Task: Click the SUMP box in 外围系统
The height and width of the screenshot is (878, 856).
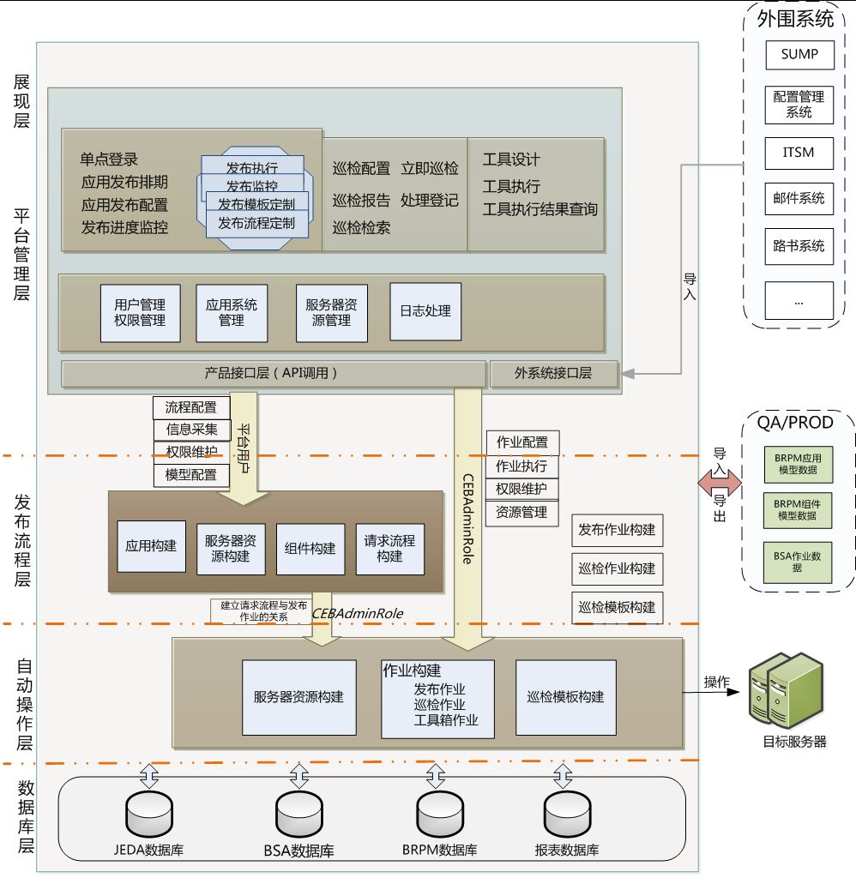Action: tap(799, 54)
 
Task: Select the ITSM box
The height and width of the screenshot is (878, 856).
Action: tap(799, 153)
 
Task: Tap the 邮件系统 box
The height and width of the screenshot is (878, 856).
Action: tap(799, 198)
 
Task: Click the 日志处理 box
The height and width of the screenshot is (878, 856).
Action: tap(425, 311)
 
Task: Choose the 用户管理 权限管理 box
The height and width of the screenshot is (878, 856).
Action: tap(140, 312)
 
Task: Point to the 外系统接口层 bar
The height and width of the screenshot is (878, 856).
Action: tap(553, 373)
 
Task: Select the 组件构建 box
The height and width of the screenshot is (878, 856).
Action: tap(310, 549)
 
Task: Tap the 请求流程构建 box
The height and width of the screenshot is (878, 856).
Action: tap(389, 549)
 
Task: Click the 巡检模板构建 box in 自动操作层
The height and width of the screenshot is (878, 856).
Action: tap(565, 697)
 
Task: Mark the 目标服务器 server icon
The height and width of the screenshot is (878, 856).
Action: tap(784, 691)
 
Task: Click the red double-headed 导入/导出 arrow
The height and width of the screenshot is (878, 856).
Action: tap(719, 484)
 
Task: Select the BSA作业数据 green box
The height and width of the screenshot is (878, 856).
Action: tap(797, 562)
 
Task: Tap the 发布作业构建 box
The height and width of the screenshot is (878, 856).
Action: tap(617, 530)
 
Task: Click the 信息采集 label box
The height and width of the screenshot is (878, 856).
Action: tap(191, 430)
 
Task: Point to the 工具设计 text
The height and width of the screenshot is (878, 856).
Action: tap(511, 159)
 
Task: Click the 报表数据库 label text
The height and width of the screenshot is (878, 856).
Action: tap(566, 851)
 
